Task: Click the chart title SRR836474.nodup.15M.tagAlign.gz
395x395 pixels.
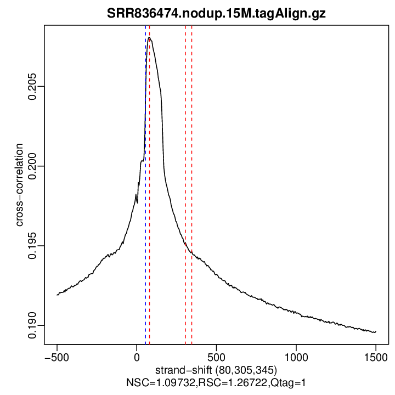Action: (x=216, y=14)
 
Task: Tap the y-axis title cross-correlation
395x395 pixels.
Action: (x=20, y=185)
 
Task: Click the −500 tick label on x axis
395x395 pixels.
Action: (x=57, y=356)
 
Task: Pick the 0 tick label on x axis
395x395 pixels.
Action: (x=137, y=356)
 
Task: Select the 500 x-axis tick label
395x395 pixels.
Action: (x=216, y=356)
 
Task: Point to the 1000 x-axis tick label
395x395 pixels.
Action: (x=296, y=356)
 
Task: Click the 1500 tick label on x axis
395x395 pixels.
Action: (x=376, y=356)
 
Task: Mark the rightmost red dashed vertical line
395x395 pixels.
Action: (x=191, y=165)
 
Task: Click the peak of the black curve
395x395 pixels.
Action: (x=149, y=37)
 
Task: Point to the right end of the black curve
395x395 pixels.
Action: (x=376, y=332)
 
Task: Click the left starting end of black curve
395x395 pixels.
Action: (x=57, y=295)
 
